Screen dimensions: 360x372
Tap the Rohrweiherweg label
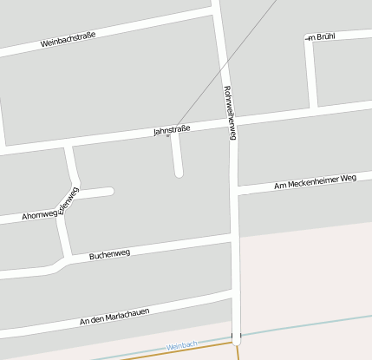point(230,113)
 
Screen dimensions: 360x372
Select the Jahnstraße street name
point(171,130)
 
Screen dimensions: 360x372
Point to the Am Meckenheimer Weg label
point(315,181)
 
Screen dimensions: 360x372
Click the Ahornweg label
point(39,213)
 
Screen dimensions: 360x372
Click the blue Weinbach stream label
point(183,345)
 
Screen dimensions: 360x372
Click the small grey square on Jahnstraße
point(168,135)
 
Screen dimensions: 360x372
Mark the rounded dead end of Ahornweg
point(109,191)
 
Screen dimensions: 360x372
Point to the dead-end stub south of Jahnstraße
point(179,171)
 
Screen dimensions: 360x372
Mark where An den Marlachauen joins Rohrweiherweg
point(234,300)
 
